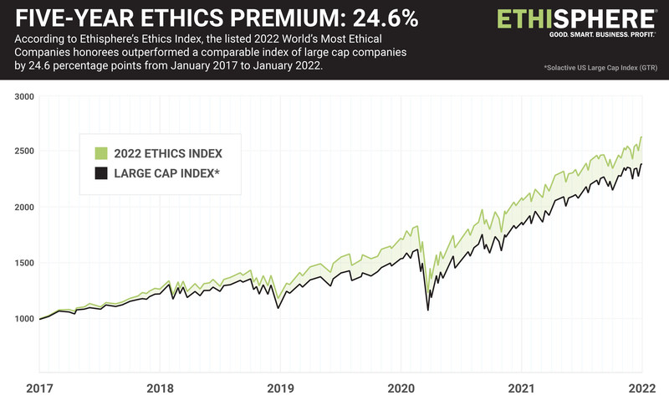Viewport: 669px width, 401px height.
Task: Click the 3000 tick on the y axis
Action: (x=24, y=97)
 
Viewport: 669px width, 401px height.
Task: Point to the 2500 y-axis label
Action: (x=24, y=152)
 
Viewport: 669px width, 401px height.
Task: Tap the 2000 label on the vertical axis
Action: (x=24, y=207)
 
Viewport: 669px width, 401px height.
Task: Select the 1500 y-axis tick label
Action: (x=24, y=263)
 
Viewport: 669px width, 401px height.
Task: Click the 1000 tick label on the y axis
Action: (x=24, y=319)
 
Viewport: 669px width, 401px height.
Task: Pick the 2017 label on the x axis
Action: (x=39, y=388)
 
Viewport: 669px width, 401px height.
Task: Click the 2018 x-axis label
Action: (x=160, y=388)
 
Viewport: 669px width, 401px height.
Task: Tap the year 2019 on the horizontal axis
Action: (x=280, y=388)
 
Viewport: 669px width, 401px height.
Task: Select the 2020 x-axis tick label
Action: (x=401, y=388)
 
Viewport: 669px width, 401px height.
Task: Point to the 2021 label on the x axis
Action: (x=521, y=388)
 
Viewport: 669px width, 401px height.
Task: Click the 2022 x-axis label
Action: (x=642, y=388)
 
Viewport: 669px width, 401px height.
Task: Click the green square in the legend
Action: (x=101, y=153)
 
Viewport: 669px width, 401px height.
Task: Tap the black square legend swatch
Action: (x=101, y=173)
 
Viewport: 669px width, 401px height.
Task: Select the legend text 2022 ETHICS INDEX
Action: (x=168, y=153)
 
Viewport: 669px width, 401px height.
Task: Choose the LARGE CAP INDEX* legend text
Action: (x=166, y=173)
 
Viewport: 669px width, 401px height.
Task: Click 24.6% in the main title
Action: (x=386, y=18)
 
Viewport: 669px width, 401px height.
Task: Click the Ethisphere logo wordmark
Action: (x=577, y=19)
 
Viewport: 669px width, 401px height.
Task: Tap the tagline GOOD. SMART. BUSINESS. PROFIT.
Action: (x=602, y=34)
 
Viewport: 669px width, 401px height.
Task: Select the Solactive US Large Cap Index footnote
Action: (x=600, y=68)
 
